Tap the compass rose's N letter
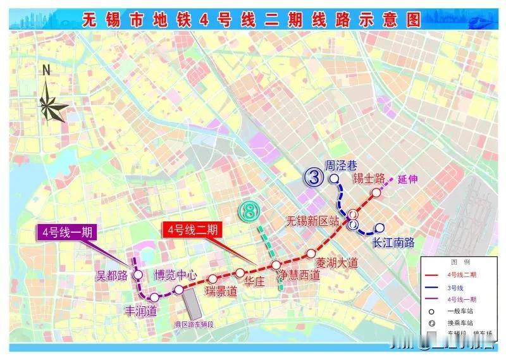pyautogui.click(x=46, y=70)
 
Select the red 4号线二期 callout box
pyautogui.click(x=191, y=230)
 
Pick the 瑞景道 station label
pyautogui.click(x=221, y=292)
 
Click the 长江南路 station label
pyautogui.click(x=393, y=242)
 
